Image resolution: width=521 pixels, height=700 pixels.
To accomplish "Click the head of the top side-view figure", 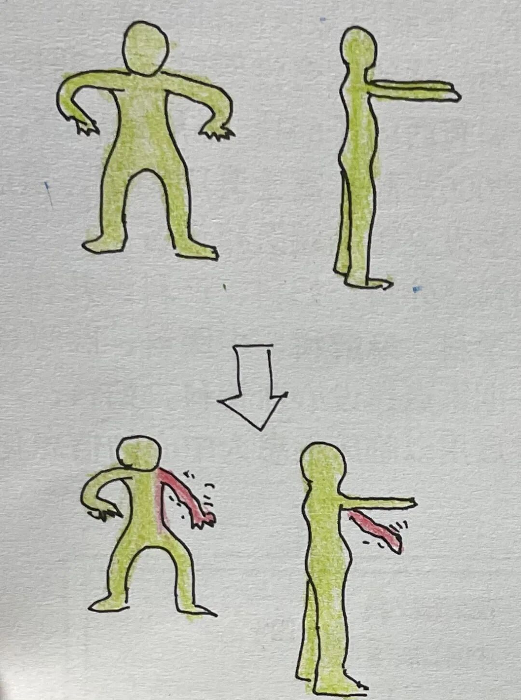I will [358, 45].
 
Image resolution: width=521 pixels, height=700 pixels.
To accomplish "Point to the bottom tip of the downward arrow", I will [260, 428].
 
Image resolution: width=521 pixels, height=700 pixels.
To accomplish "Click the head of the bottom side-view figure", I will [323, 466].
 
